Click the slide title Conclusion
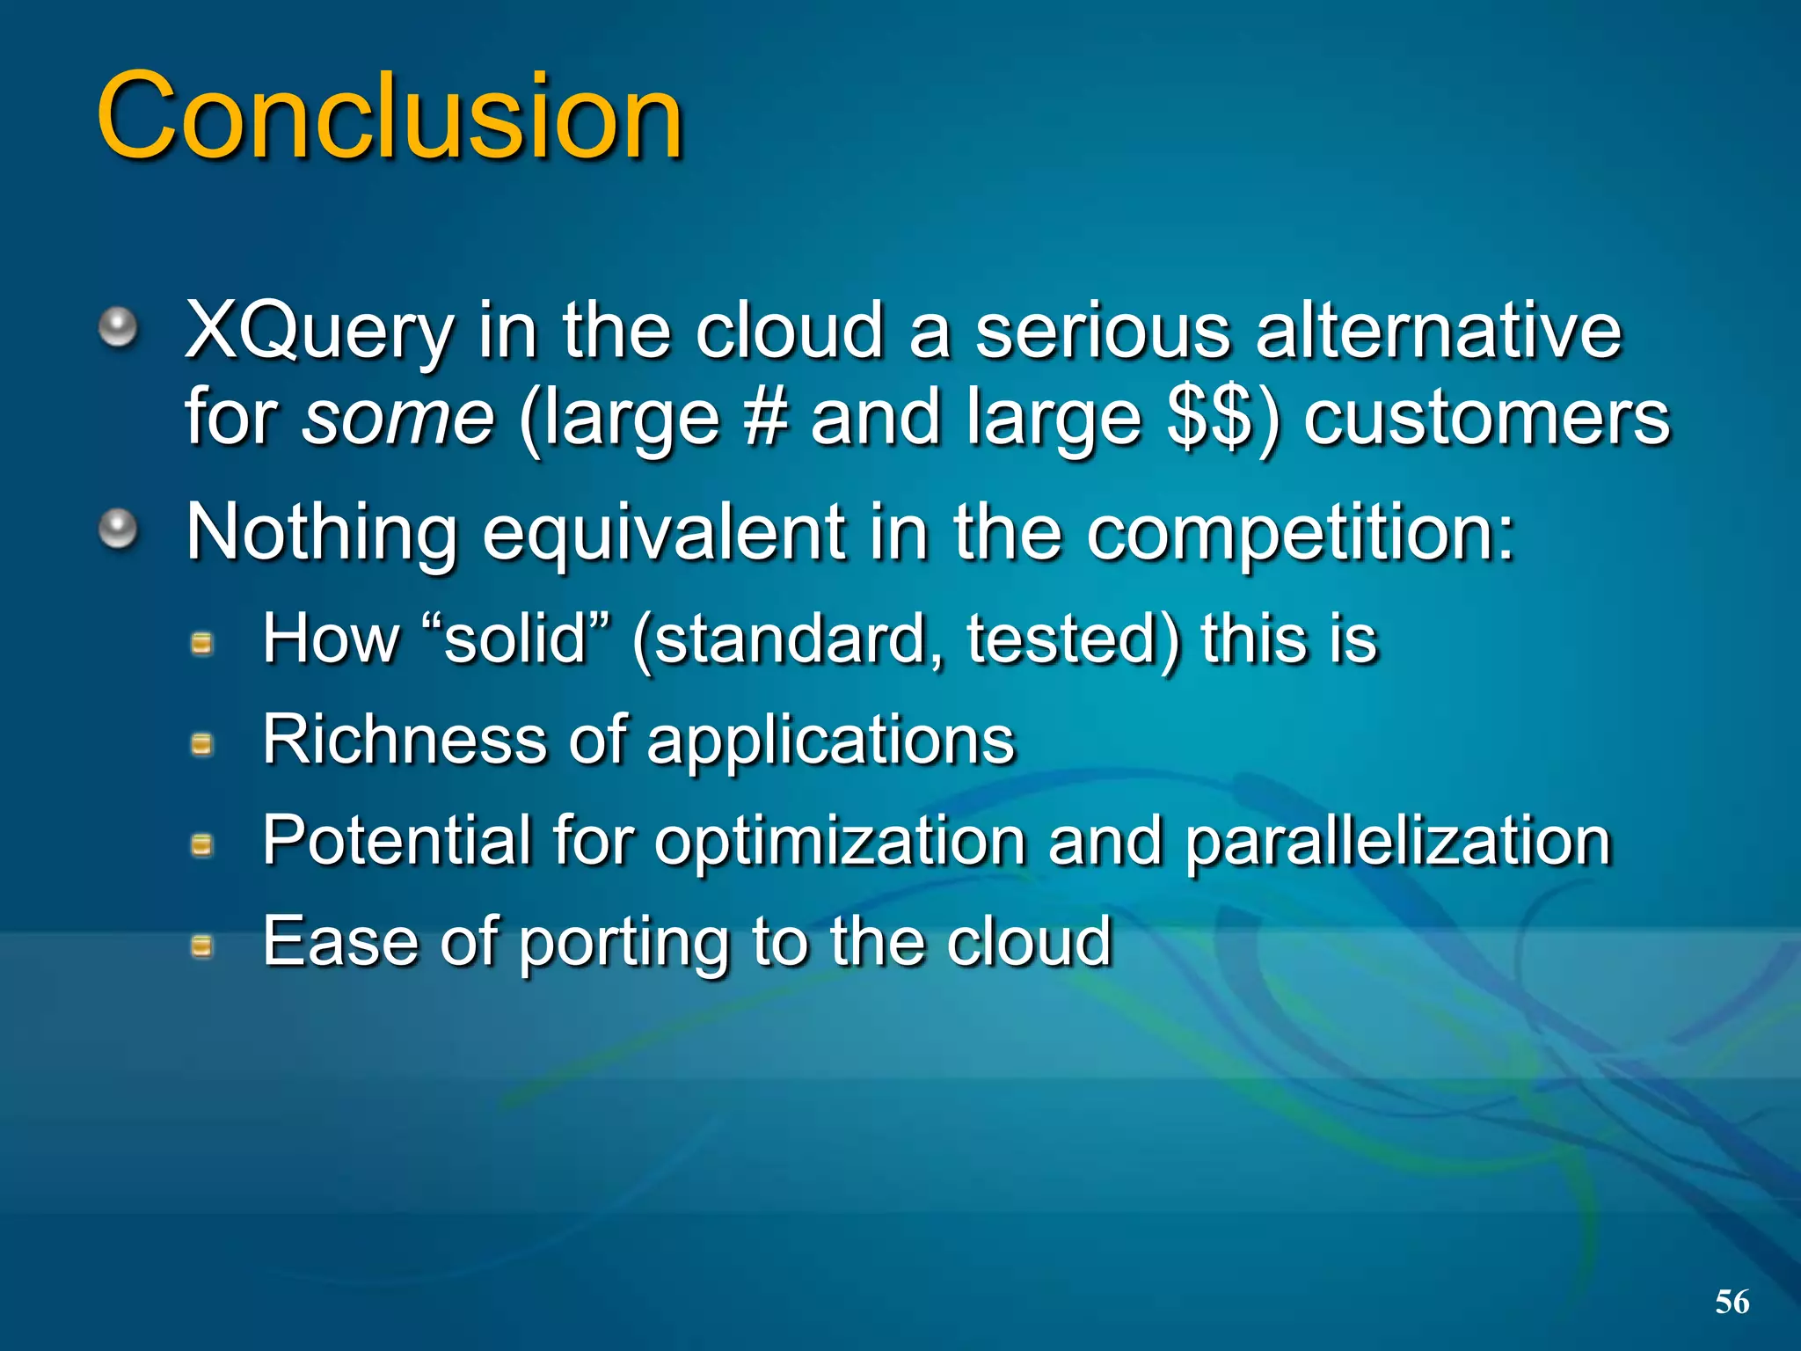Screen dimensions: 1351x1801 (x=390, y=116)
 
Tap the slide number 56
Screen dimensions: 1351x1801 (x=1732, y=1302)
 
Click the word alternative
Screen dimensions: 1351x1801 (x=1438, y=332)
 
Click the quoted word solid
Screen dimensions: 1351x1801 (x=515, y=638)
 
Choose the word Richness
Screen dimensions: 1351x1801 (x=405, y=739)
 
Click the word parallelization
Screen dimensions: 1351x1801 (x=1397, y=840)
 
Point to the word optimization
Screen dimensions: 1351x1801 (x=839, y=840)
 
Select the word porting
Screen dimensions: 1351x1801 (x=624, y=941)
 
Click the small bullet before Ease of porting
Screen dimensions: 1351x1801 (x=202, y=946)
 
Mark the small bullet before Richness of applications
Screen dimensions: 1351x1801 (x=202, y=745)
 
